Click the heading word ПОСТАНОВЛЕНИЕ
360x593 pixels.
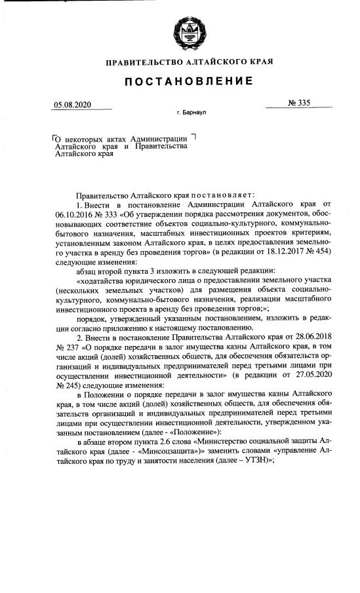pyautogui.click(x=180, y=81)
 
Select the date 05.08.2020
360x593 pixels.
pyautogui.click(x=74, y=105)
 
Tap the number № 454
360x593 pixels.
pyautogui.click(x=317, y=253)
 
